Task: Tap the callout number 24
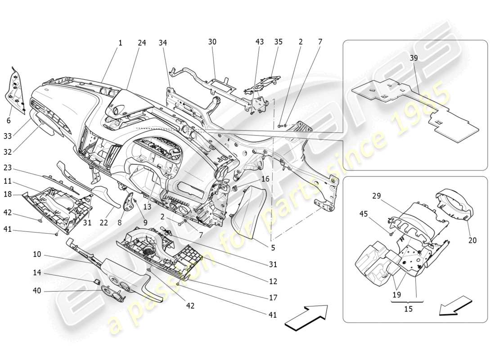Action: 142,43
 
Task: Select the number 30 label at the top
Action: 212,42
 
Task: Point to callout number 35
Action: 279,42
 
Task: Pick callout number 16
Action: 265,179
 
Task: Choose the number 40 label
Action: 37,291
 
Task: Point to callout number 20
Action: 472,240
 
